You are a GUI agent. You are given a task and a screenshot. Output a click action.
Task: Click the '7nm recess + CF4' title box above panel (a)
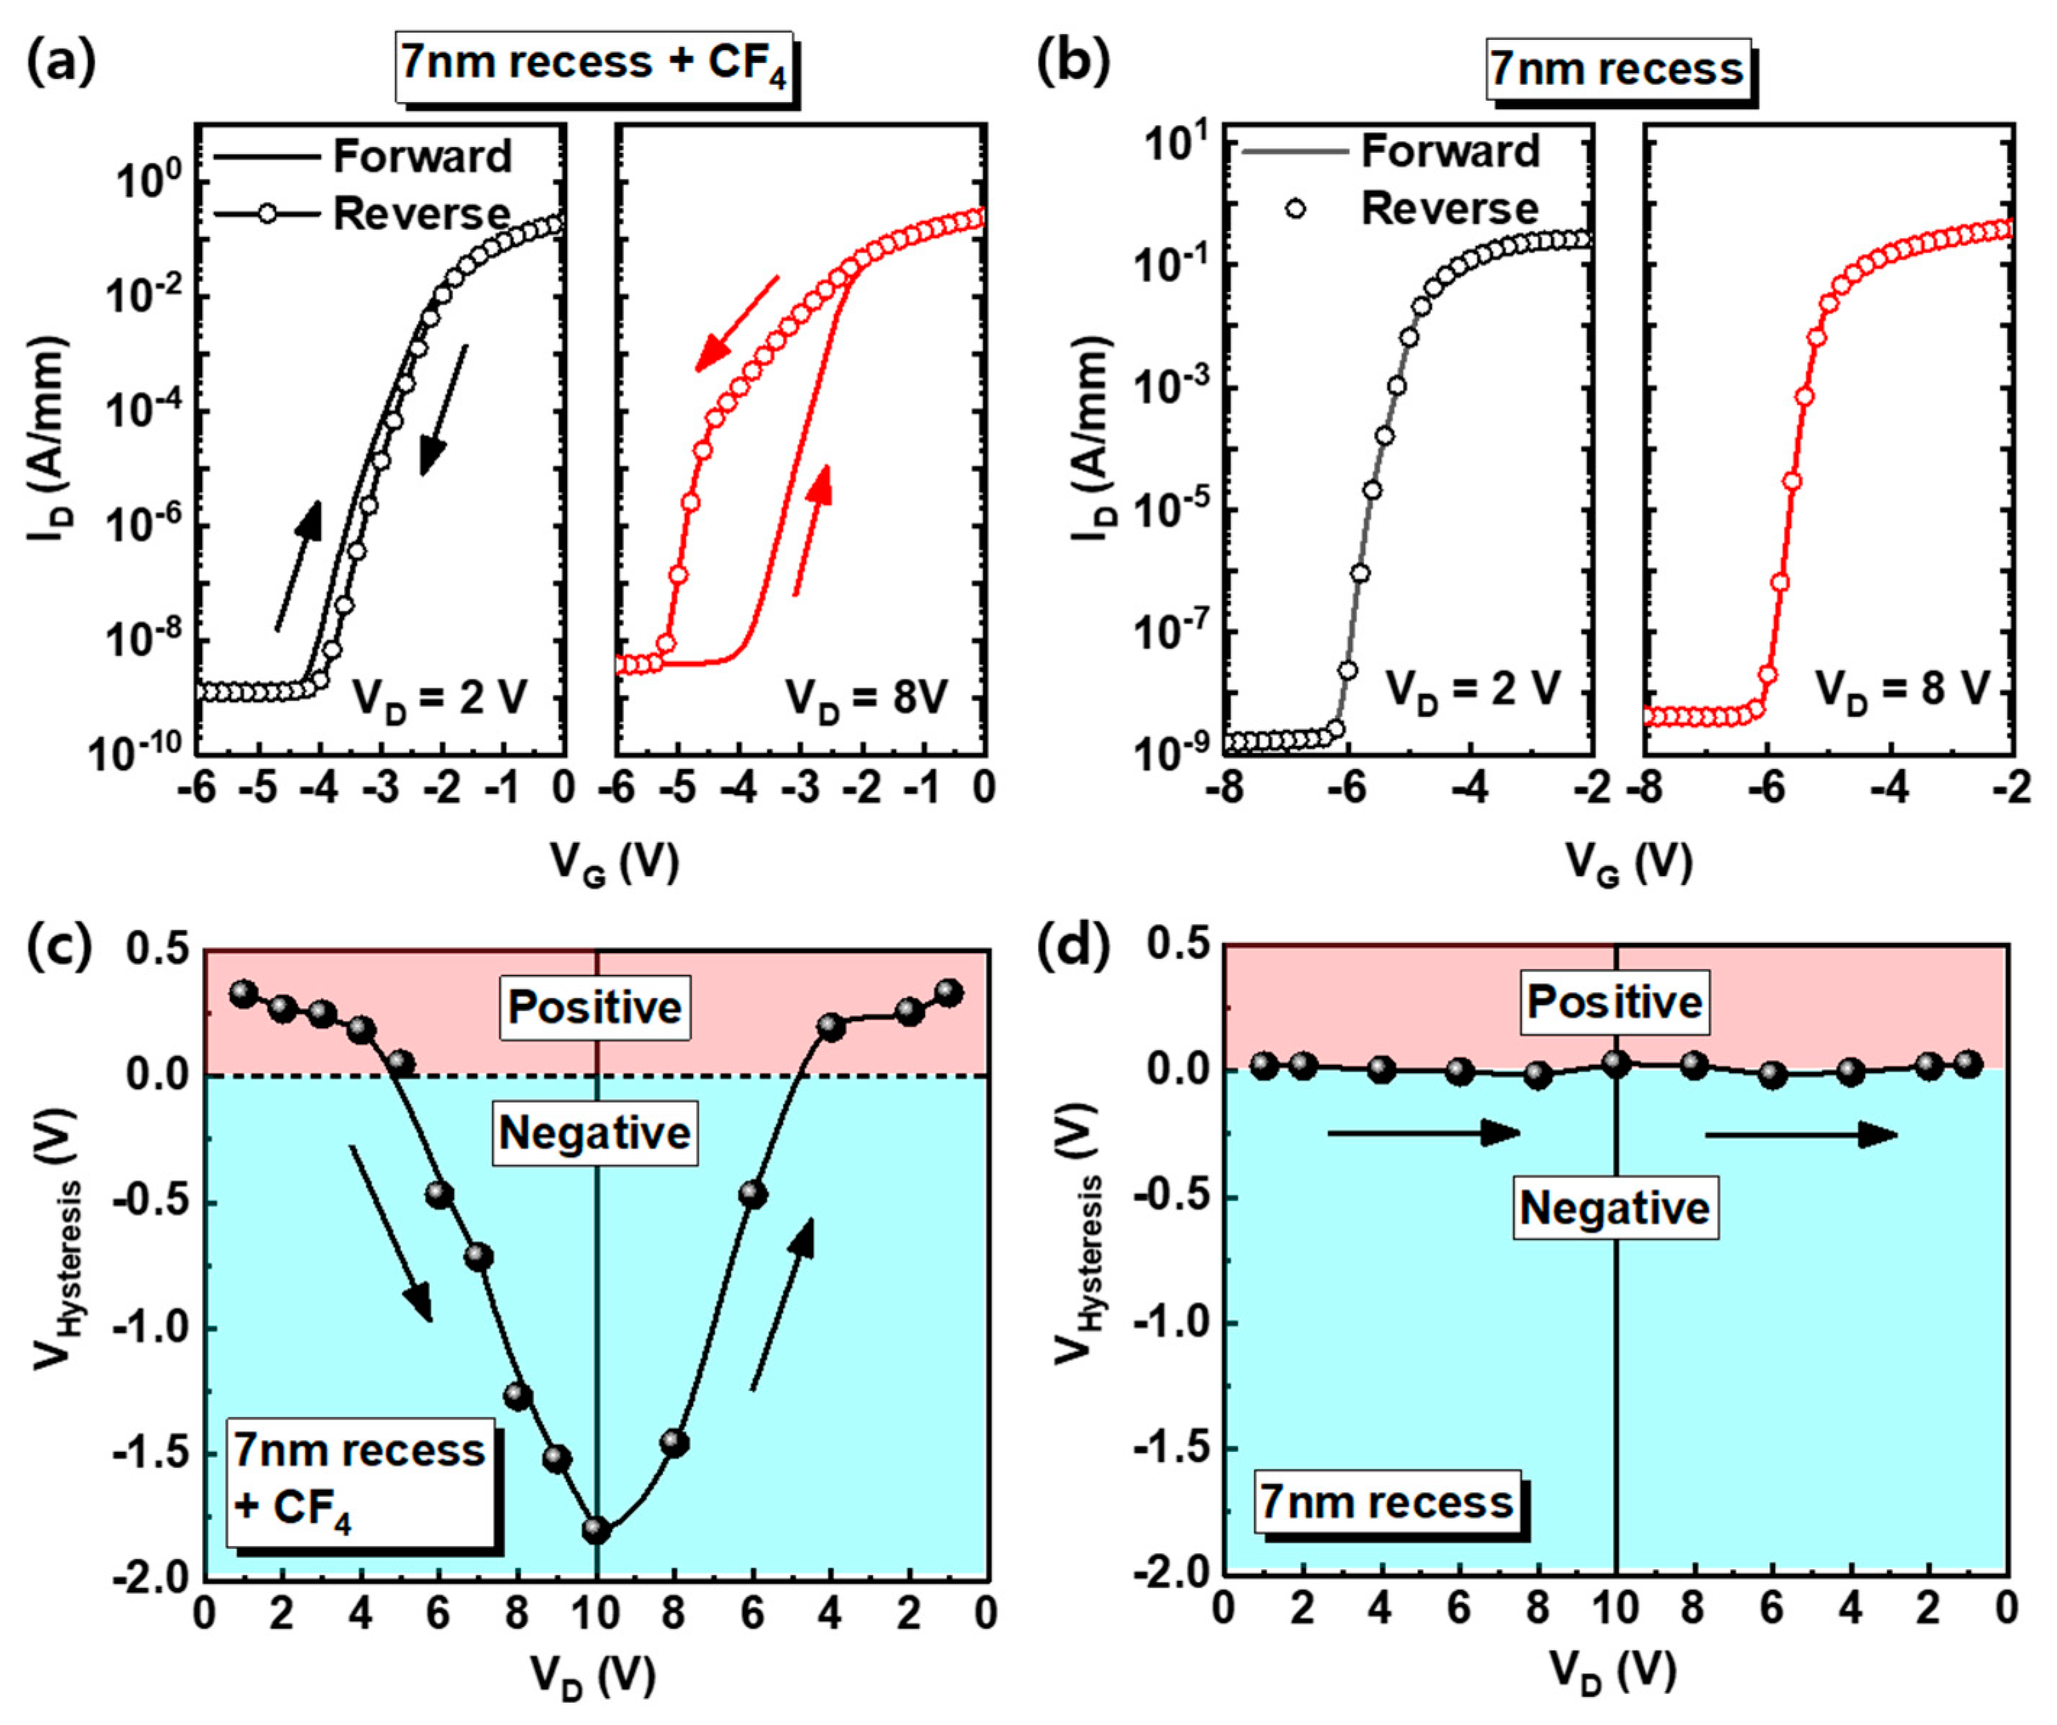click(594, 64)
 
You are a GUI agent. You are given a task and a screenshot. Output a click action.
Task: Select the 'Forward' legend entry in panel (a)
click(422, 156)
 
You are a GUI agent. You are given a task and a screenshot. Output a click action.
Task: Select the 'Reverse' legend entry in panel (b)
click(1450, 209)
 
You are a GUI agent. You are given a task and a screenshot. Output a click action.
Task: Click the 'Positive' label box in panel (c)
click(595, 1007)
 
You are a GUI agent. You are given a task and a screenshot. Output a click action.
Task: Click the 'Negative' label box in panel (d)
click(1614, 1208)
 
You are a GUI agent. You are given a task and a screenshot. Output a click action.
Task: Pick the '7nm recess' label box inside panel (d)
click(1387, 1502)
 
